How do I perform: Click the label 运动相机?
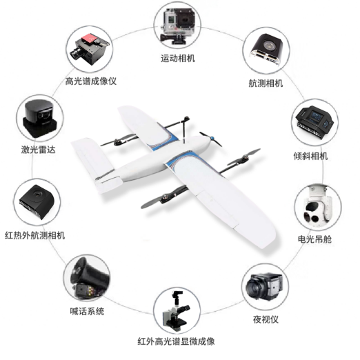coord(178,59)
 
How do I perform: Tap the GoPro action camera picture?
coord(179,26)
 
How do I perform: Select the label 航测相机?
coord(266,83)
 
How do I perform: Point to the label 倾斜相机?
coord(310,156)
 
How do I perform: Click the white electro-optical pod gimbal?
coord(318,207)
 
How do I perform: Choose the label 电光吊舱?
coord(314,239)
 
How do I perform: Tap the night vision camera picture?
coord(264,286)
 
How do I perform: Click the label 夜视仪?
coord(266,319)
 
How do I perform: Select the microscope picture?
coord(177,310)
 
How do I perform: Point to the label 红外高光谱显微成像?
coord(176,341)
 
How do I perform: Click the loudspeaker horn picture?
coord(89,278)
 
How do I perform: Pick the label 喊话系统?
coord(87,311)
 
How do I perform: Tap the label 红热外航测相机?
coord(34,235)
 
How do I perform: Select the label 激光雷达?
coord(39,150)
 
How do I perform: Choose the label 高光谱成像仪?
coord(91,81)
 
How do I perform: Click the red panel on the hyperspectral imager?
coord(91,38)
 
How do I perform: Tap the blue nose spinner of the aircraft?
coord(212,139)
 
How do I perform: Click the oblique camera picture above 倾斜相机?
coord(314,123)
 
